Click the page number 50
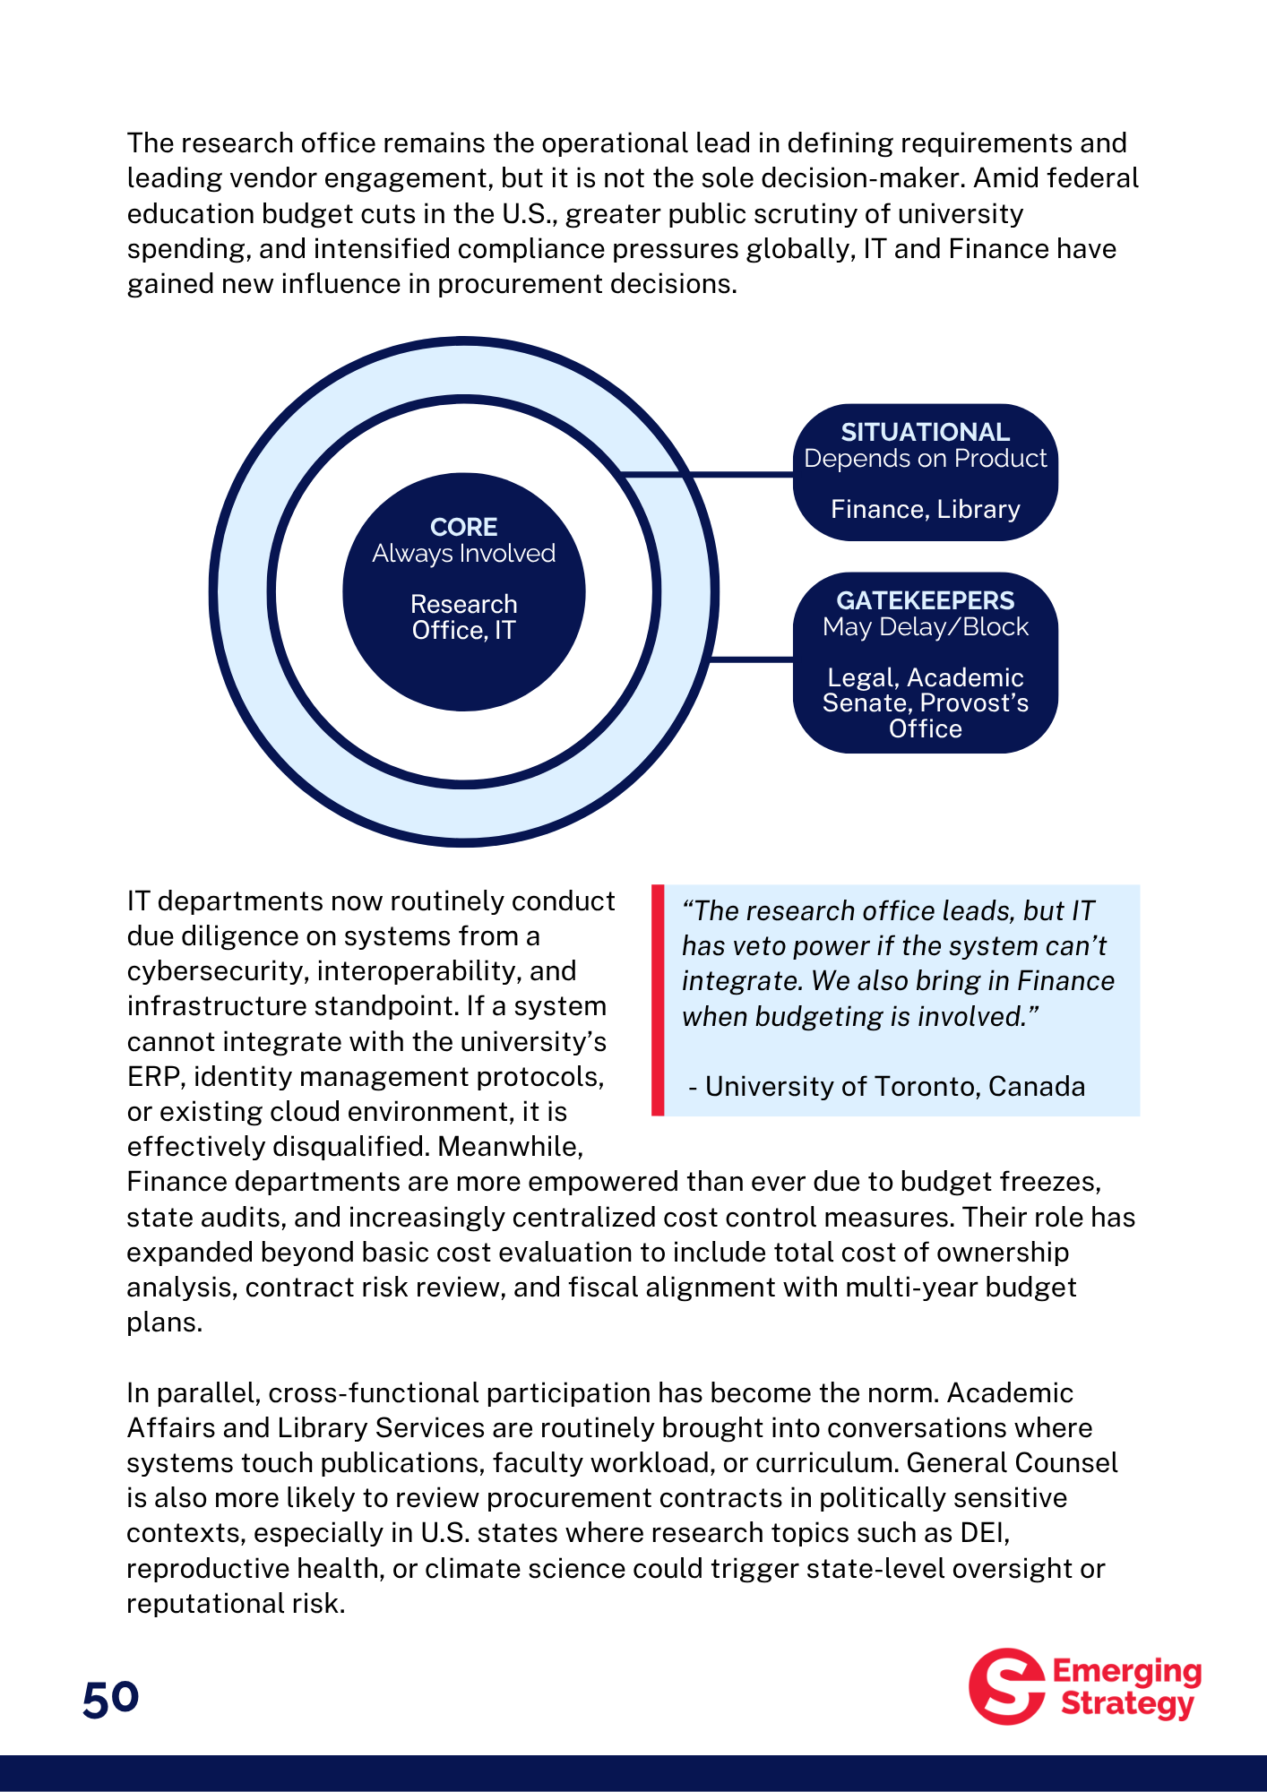click(110, 1698)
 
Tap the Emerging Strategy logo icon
click(1006, 1686)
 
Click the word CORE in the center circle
click(463, 527)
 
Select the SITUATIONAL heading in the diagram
click(925, 432)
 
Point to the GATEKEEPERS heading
click(925, 600)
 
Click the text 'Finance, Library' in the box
click(925, 509)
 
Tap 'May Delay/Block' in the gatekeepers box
click(925, 626)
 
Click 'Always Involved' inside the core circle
click(463, 553)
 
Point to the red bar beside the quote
click(658, 1000)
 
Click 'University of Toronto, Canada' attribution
click(894, 1086)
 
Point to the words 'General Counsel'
click(1012, 1462)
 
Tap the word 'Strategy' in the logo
click(1126, 1703)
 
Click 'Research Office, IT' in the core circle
click(463, 617)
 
